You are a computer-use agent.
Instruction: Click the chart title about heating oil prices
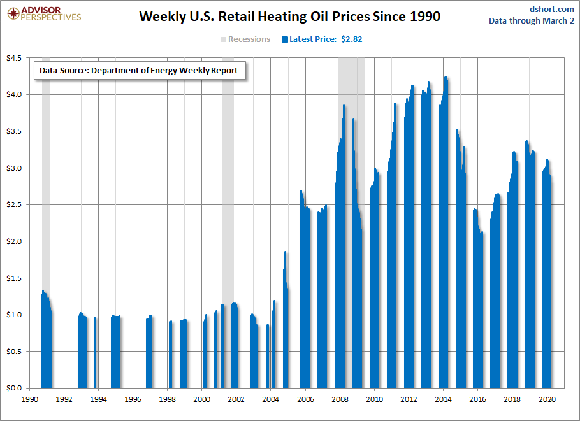[x=289, y=17]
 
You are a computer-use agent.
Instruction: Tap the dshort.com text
[x=552, y=9]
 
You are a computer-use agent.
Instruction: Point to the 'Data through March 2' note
[x=532, y=20]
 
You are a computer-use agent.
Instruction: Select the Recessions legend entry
[x=245, y=39]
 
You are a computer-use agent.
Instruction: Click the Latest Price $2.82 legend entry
[x=322, y=39]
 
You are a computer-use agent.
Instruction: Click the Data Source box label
[x=138, y=71]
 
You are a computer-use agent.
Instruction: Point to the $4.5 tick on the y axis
[x=14, y=58]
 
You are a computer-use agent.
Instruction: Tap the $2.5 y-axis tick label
[x=14, y=205]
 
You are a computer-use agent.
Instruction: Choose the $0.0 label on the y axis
[x=14, y=387]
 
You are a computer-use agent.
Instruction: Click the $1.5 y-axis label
[x=14, y=278]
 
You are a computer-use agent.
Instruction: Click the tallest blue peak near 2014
[x=446, y=78]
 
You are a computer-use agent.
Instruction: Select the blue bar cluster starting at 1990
[x=46, y=344]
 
